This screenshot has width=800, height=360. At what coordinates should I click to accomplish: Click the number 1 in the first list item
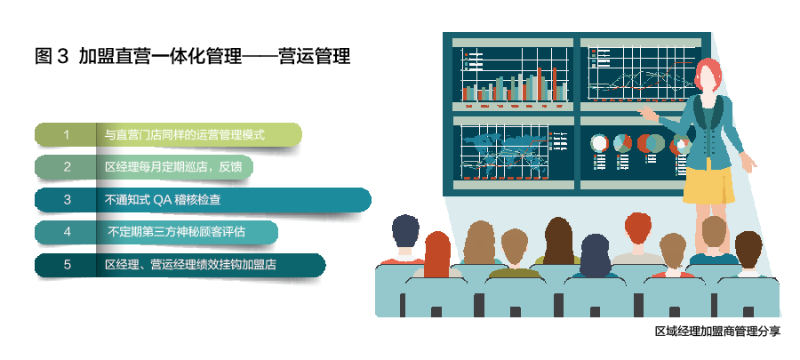point(67,135)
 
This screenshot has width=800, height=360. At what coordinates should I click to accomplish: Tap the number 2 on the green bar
point(67,167)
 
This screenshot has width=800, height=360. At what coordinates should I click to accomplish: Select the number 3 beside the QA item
point(67,200)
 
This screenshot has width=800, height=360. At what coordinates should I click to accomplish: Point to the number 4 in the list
point(67,232)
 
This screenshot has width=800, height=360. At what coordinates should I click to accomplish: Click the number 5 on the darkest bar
point(67,265)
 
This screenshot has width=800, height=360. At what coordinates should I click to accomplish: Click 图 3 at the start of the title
point(51,57)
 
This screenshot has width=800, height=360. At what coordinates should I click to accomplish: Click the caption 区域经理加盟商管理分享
point(717,332)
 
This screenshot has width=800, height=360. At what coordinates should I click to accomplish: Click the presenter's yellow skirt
point(708,184)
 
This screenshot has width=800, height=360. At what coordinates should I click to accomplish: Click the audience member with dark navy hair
point(405,233)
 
